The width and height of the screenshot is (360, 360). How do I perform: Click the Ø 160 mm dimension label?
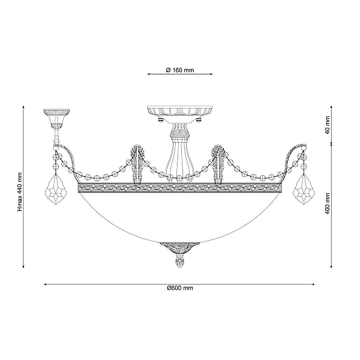(x=180, y=70)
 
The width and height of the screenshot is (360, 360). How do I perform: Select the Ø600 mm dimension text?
(x=180, y=288)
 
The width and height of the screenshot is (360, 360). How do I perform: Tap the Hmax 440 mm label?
(x=20, y=192)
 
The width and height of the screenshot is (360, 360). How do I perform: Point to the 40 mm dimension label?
(x=328, y=125)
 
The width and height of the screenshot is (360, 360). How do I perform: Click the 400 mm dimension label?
(x=328, y=203)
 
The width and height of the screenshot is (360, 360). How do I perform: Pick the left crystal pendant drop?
(x=56, y=189)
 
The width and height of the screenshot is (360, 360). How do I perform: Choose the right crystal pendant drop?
(x=304, y=189)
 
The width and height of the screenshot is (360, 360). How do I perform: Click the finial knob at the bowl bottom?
(x=179, y=260)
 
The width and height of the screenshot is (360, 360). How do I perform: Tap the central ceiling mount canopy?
(x=179, y=114)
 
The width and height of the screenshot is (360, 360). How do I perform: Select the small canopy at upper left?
(x=56, y=117)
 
